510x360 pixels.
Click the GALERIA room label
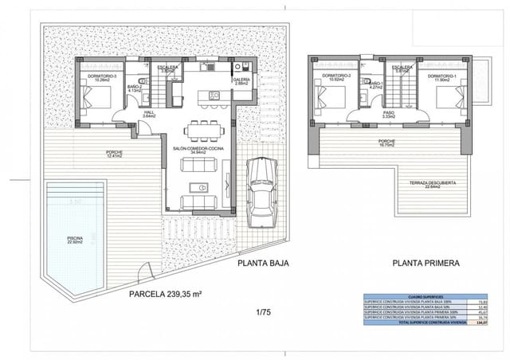click(241, 80)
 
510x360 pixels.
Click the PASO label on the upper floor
click(388, 114)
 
